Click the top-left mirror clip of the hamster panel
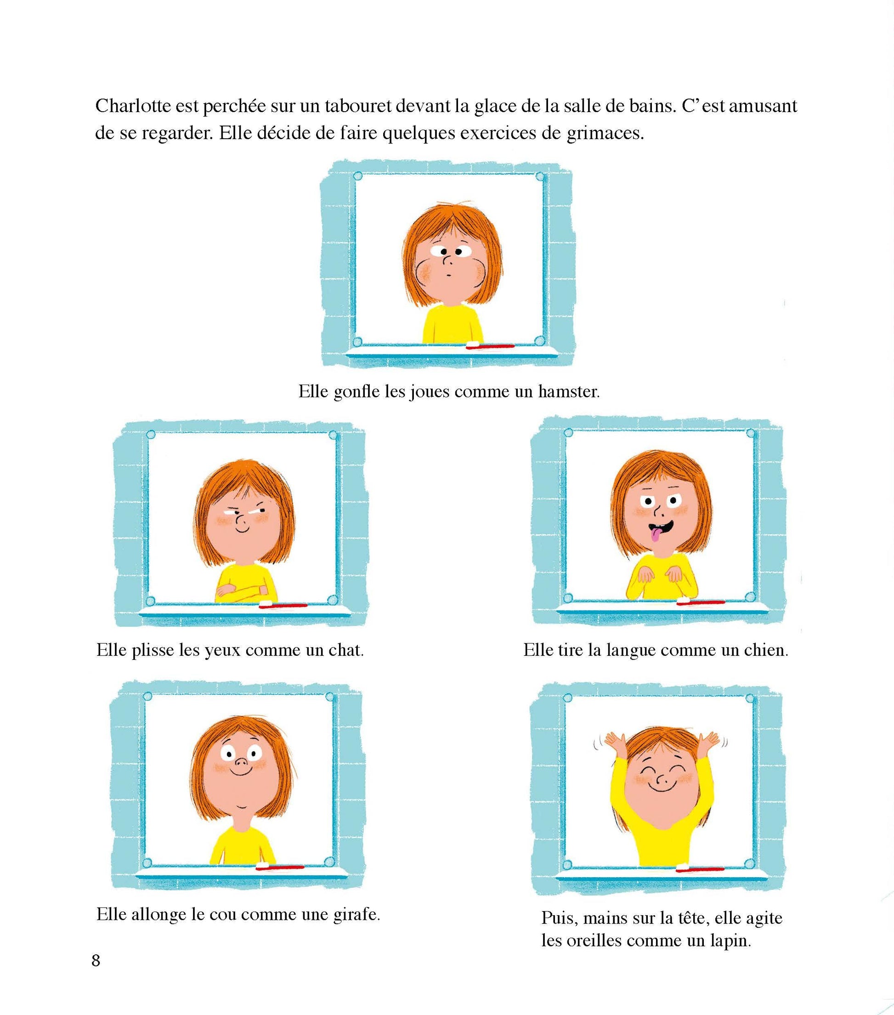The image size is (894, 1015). point(357,176)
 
